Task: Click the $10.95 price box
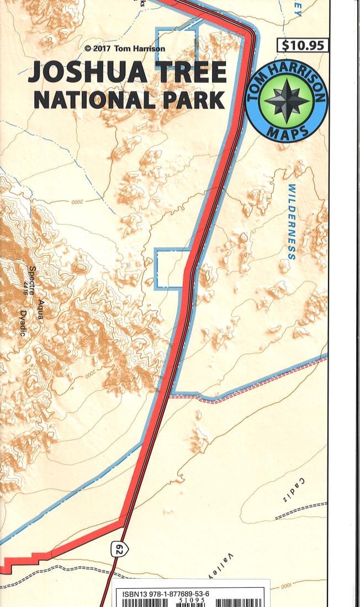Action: tap(303, 45)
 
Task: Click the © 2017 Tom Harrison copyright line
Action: tap(124, 49)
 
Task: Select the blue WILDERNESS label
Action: tap(292, 222)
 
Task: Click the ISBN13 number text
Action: tap(166, 594)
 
